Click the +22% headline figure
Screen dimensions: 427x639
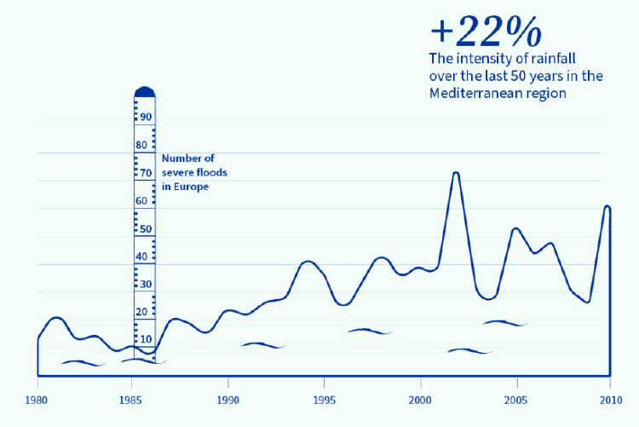pyautogui.click(x=486, y=32)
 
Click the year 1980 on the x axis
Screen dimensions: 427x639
pyautogui.click(x=37, y=399)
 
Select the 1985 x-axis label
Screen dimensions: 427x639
pyautogui.click(x=132, y=399)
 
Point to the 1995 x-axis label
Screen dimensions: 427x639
pyautogui.click(x=324, y=399)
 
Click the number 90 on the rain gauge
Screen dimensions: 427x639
pyautogui.click(x=146, y=117)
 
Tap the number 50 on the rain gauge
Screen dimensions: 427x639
pyautogui.click(x=146, y=229)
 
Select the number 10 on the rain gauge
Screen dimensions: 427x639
pyautogui.click(x=146, y=339)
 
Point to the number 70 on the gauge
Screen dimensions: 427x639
pyautogui.click(x=146, y=173)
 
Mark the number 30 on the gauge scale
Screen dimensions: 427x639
pyautogui.click(x=146, y=285)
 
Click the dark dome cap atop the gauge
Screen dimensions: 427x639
pyautogui.click(x=145, y=91)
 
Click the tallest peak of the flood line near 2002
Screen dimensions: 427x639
pyautogui.click(x=456, y=173)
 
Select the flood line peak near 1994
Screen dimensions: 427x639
pyautogui.click(x=308, y=261)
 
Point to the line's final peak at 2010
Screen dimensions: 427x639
pyautogui.click(x=607, y=206)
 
